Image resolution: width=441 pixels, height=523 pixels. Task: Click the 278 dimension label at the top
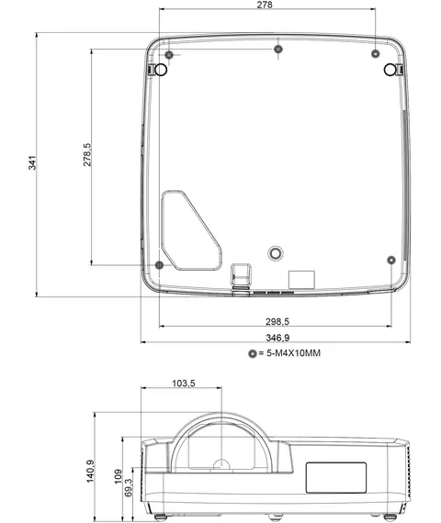click(265, 5)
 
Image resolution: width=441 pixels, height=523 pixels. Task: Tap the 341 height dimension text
click(32, 162)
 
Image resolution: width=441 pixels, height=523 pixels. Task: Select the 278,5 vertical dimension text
click(87, 155)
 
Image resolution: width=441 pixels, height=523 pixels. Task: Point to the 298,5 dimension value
click(277, 321)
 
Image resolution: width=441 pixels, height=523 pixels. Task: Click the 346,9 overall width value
click(277, 338)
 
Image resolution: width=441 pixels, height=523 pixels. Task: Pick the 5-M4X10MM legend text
click(293, 353)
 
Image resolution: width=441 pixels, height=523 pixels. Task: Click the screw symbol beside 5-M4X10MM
click(253, 353)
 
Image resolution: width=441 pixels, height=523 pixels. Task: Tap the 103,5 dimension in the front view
click(184, 384)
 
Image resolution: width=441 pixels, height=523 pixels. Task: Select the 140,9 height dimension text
click(91, 471)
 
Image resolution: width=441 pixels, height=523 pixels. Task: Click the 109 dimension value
click(119, 476)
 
